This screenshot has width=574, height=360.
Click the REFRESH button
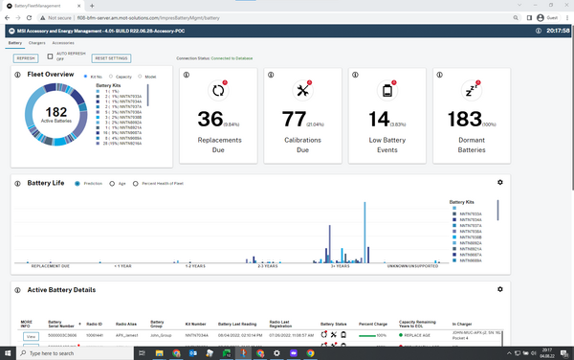point(26,57)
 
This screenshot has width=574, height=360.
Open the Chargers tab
point(37,43)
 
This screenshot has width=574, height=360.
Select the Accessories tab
point(63,43)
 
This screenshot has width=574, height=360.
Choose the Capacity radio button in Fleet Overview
point(112,76)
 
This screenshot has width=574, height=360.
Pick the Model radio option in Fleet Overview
point(140,76)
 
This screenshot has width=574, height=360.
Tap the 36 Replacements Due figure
point(210,119)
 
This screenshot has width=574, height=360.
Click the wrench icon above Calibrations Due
point(305,91)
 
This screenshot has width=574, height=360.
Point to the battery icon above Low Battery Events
point(387,91)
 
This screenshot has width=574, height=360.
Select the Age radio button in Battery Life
point(111,182)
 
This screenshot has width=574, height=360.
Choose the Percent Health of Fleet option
point(136,182)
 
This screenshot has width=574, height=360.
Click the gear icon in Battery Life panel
point(499,182)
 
